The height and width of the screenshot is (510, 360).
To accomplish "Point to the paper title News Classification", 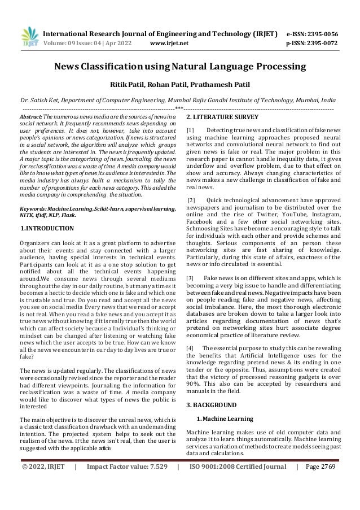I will coord(179,67).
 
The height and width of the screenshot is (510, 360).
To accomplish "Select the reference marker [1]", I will coord(190,131).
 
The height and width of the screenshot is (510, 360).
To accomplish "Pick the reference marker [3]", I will coord(190,278).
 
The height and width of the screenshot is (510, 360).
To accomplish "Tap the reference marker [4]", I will coord(190,348).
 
